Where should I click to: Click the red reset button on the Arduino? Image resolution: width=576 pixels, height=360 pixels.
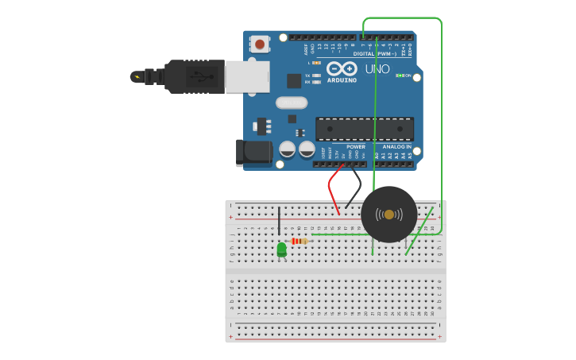[260, 44]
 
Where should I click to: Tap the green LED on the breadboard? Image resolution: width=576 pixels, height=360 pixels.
[281, 250]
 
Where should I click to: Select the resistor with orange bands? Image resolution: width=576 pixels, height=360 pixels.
[300, 241]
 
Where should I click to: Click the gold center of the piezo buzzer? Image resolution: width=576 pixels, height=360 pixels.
[389, 215]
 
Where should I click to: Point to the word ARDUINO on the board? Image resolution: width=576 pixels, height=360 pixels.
[342, 80]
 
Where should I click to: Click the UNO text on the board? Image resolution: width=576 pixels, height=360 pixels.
[377, 69]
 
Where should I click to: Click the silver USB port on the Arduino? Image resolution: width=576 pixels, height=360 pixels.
[247, 76]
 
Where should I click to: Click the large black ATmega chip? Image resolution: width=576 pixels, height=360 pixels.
[364, 129]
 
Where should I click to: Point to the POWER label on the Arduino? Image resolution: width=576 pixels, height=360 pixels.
[355, 147]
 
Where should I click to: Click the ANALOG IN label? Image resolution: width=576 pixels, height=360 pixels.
[396, 147]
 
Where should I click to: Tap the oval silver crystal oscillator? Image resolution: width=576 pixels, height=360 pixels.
[291, 102]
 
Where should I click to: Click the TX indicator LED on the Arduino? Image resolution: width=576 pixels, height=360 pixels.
[316, 75]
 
